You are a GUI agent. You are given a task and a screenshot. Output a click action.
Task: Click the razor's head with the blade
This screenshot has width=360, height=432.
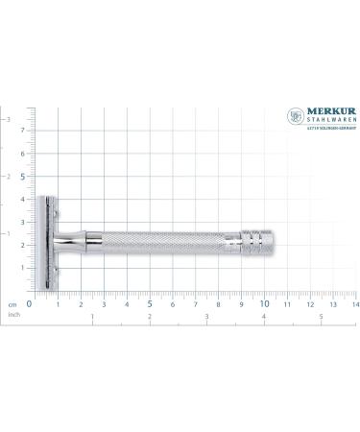pos(47,245)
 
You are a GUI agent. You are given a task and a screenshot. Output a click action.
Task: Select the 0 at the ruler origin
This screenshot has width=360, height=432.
pos(30,303)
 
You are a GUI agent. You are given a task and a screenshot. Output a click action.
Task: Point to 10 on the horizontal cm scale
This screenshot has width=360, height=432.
pos(265,303)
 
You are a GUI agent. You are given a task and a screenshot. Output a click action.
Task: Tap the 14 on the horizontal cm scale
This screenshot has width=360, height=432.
pos(354,303)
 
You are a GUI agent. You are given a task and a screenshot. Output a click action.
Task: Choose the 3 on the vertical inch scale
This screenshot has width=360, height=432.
pos(10,120)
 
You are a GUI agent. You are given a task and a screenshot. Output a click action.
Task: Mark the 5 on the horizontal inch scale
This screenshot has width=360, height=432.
pos(321,316)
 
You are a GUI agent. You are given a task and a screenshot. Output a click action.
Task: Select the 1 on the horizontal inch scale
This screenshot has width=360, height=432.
pos(92,316)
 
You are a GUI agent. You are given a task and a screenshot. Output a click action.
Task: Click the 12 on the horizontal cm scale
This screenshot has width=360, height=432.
pos(309,303)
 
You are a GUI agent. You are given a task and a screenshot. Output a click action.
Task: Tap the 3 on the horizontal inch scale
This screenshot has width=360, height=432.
pos(206,316)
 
